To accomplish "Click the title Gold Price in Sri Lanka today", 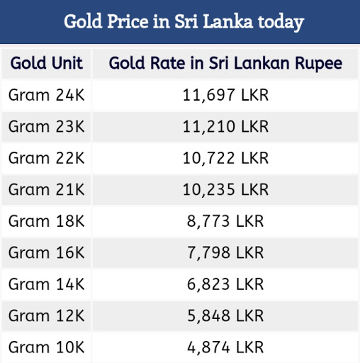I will point(184,22).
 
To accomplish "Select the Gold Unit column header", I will point(47,64).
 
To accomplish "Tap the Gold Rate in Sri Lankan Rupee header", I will point(225,64).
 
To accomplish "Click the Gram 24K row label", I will point(47,95).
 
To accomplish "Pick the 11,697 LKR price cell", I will point(225,95).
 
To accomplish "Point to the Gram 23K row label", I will point(47,127).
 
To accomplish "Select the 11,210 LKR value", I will point(225,127).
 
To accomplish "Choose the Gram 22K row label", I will point(47,158).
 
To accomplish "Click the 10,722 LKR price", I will point(225,158).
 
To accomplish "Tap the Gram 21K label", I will point(47,190).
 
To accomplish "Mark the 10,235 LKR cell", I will point(225,190).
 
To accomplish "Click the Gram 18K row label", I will point(47,221).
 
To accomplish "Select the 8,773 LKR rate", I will point(225,221).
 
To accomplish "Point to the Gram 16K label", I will point(47,253).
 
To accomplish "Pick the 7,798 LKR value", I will point(225,253).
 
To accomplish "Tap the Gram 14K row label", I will point(47,284).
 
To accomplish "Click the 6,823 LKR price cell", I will point(225,284).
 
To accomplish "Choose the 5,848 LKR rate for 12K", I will point(225,316).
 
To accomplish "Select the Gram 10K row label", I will point(47,347).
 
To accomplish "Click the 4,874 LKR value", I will point(225,347).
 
